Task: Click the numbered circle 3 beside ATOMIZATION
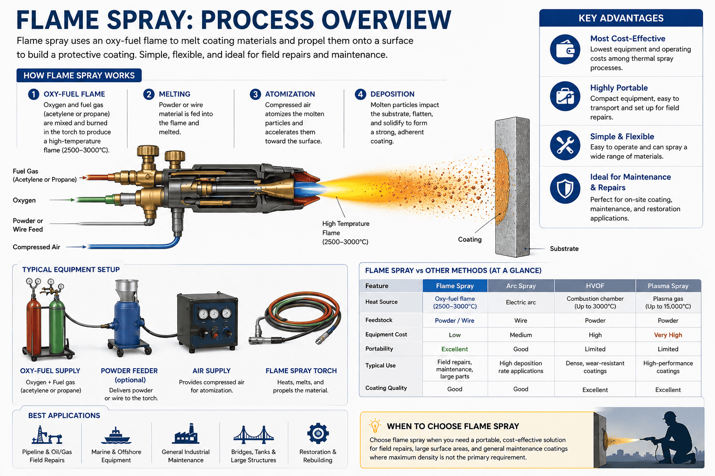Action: (x=255, y=94)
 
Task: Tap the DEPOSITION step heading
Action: (x=392, y=94)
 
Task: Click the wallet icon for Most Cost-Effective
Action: (x=565, y=49)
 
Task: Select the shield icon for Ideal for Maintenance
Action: (x=565, y=189)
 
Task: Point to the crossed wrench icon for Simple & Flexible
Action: (x=565, y=145)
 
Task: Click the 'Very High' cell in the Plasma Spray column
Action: (x=668, y=335)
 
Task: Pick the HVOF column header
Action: (x=594, y=286)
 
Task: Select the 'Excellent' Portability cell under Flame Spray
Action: (x=454, y=349)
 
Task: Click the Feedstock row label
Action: (x=379, y=320)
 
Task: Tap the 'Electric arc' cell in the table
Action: (x=520, y=302)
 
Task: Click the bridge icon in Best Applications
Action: (x=253, y=435)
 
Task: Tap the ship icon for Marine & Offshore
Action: (x=116, y=435)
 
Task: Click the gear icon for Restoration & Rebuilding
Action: (x=318, y=434)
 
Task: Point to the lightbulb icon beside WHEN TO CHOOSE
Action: (x=375, y=425)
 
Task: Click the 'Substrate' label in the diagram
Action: (x=564, y=249)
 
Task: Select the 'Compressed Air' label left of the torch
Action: (x=36, y=247)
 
